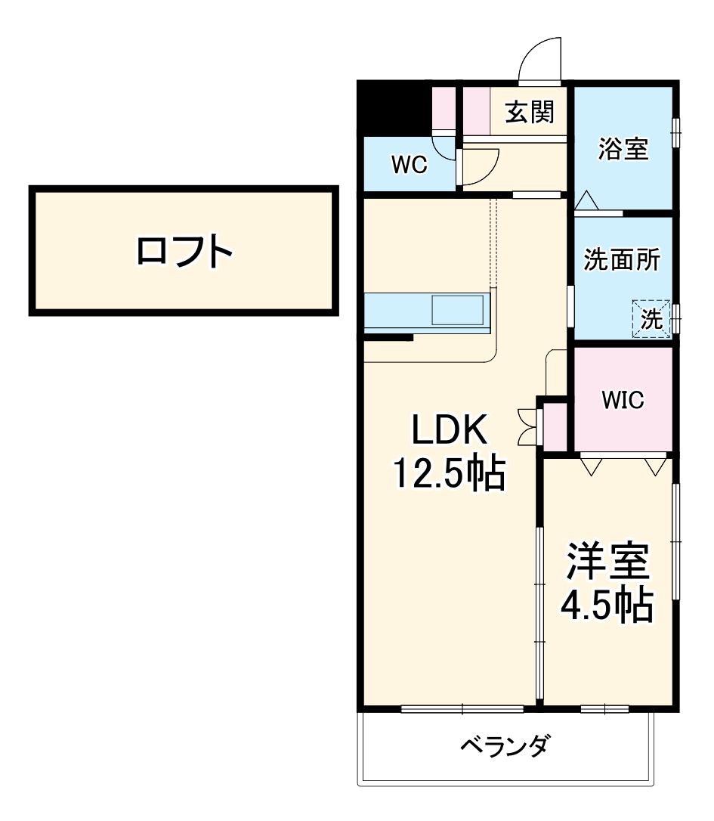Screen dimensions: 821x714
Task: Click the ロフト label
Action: (x=184, y=252)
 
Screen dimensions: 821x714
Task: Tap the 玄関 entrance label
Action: (x=530, y=113)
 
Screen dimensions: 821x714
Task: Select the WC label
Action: (x=409, y=165)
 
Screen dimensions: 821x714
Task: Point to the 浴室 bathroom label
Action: (x=623, y=149)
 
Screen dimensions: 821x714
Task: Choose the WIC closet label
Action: (x=623, y=400)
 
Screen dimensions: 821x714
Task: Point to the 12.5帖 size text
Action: (x=447, y=474)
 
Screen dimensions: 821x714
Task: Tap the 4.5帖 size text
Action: (x=607, y=604)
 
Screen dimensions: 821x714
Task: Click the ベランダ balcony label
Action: (x=505, y=746)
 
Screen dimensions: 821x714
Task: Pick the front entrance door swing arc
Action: (x=540, y=58)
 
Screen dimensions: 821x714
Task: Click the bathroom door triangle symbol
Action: (x=586, y=201)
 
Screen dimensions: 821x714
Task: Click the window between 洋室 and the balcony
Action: (x=604, y=708)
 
